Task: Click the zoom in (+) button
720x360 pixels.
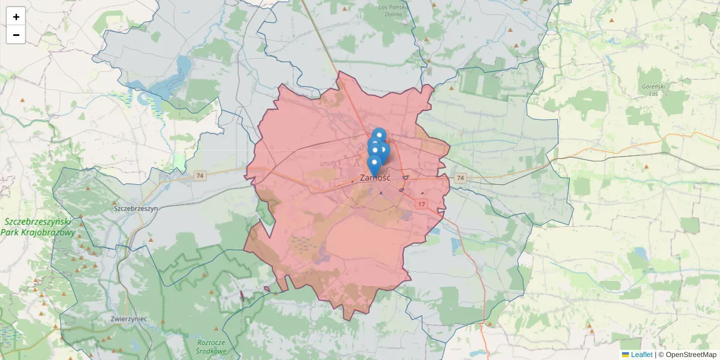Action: click(16, 17)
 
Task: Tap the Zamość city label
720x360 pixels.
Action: click(376, 178)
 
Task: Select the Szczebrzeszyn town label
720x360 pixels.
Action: click(136, 208)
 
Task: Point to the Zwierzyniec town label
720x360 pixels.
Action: click(129, 319)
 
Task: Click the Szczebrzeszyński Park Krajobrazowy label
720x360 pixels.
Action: click(40, 227)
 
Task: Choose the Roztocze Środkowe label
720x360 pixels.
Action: click(212, 346)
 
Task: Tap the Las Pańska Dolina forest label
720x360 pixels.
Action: click(394, 10)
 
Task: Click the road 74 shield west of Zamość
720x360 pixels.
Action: click(200, 176)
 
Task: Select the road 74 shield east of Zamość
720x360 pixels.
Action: click(460, 178)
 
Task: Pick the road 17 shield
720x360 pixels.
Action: click(422, 205)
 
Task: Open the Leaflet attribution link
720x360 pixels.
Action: click(641, 355)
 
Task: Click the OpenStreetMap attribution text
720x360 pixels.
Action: click(691, 355)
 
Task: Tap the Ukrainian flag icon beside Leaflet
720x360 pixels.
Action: click(625, 355)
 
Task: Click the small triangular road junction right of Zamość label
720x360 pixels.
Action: click(406, 178)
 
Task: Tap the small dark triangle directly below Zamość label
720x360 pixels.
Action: click(380, 193)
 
